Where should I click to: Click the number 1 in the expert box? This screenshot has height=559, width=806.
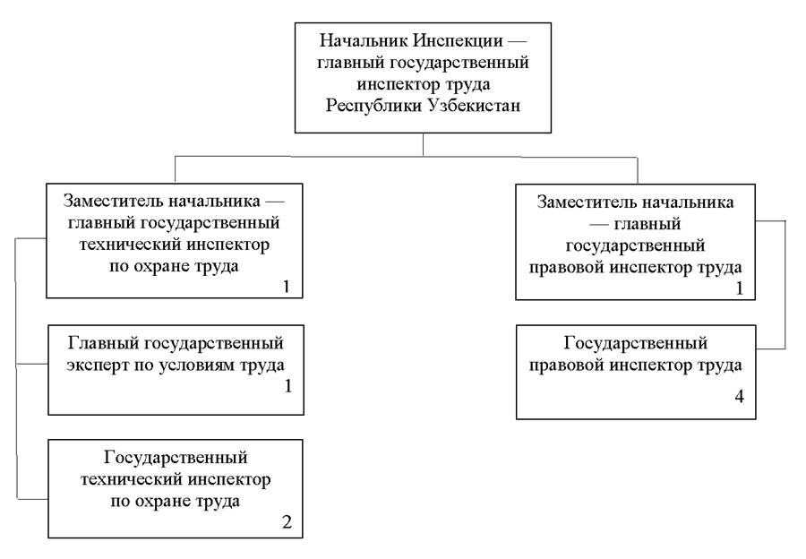click(287, 387)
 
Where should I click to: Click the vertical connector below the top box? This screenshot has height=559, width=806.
click(424, 145)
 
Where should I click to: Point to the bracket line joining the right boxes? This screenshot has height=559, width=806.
click(785, 283)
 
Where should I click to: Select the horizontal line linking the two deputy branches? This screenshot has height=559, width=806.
click(403, 158)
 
